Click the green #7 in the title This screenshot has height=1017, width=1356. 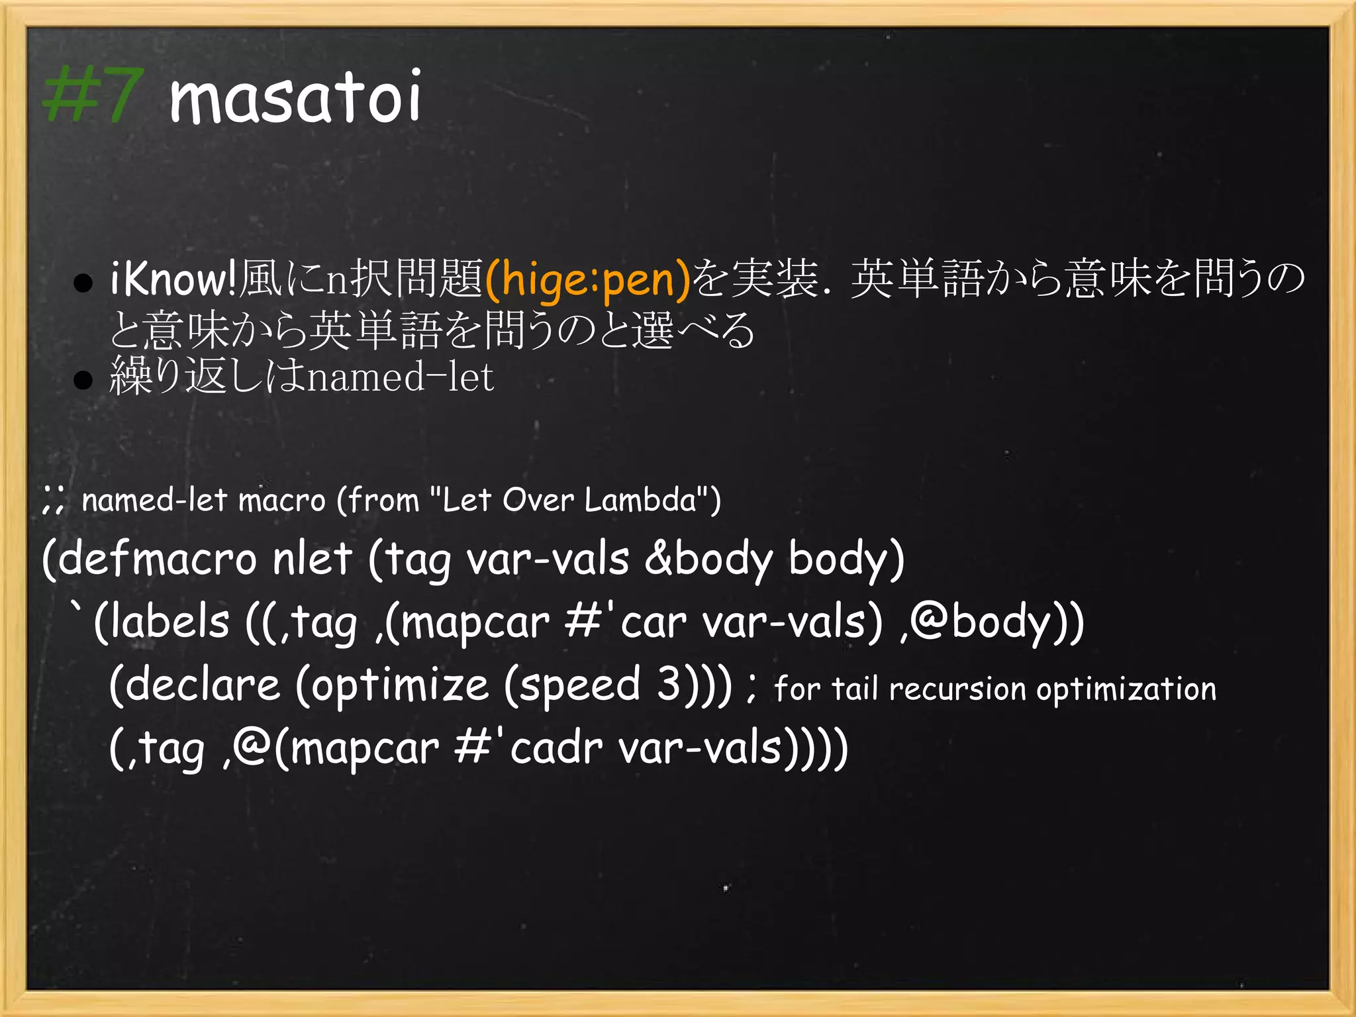(92, 96)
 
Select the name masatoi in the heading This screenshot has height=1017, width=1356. (295, 98)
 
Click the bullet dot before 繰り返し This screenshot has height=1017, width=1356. (83, 380)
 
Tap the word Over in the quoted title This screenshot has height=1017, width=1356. (538, 500)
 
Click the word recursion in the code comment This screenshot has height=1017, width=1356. (957, 689)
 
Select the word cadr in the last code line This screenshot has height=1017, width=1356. (556, 748)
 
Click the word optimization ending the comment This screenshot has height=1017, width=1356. (1126, 689)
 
